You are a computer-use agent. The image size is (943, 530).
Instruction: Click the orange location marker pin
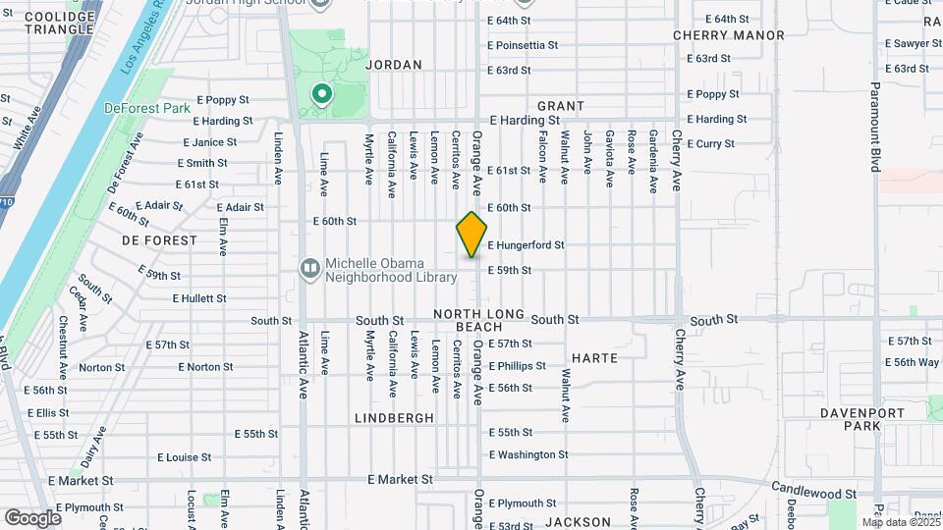pos(472,235)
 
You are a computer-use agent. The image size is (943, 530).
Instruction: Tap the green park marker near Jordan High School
pos(320,95)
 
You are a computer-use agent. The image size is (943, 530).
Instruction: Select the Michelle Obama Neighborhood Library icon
pos(310,268)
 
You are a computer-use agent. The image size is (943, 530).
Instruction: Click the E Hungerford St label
pos(526,244)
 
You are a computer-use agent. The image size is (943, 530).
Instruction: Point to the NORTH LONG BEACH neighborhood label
pos(469,319)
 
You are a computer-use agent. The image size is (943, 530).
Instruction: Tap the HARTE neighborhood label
pos(594,358)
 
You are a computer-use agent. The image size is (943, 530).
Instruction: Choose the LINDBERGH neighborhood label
pos(394,417)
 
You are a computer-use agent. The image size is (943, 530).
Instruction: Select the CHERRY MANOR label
pos(729,35)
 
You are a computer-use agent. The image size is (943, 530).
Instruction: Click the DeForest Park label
pos(147,108)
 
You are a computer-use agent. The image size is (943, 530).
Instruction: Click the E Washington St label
pos(528,454)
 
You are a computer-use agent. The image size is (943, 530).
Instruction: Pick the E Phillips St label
pos(517,366)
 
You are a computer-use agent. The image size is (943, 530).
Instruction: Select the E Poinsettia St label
pos(523,45)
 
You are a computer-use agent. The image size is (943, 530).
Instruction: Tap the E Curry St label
pos(710,143)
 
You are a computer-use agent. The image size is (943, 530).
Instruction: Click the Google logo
pos(32,517)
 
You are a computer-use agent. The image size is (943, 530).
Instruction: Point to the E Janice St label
pos(204,142)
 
